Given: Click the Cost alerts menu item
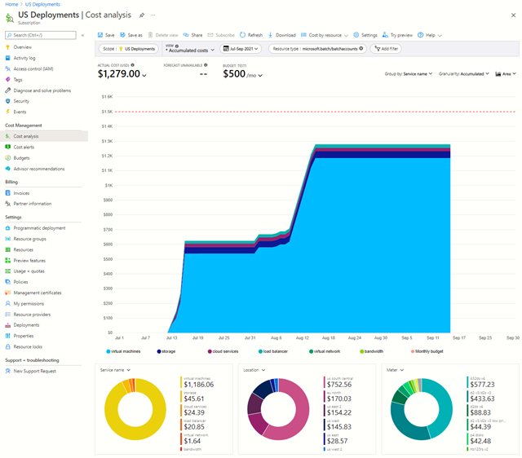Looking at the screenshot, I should click(x=24, y=147).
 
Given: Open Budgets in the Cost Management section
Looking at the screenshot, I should click(x=21, y=157).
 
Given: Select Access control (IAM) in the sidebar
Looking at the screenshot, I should click(x=33, y=68).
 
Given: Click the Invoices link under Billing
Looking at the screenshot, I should click(x=21, y=193).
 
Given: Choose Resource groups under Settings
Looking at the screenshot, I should click(x=29, y=239).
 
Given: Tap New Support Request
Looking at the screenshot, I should click(x=36, y=371).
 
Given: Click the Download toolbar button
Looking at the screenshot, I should click(x=281, y=35).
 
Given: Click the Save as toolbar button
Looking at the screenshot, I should click(x=130, y=35).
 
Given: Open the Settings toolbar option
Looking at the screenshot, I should click(x=365, y=35).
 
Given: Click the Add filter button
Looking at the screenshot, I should click(x=386, y=49).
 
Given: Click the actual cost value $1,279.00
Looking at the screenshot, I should click(x=119, y=74).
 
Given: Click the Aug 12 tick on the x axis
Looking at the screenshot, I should click(x=303, y=337).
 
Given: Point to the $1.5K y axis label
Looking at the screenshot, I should click(x=107, y=111).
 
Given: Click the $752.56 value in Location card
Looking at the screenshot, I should click(x=339, y=384).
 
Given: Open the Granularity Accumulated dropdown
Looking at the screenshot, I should click(x=463, y=73).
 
